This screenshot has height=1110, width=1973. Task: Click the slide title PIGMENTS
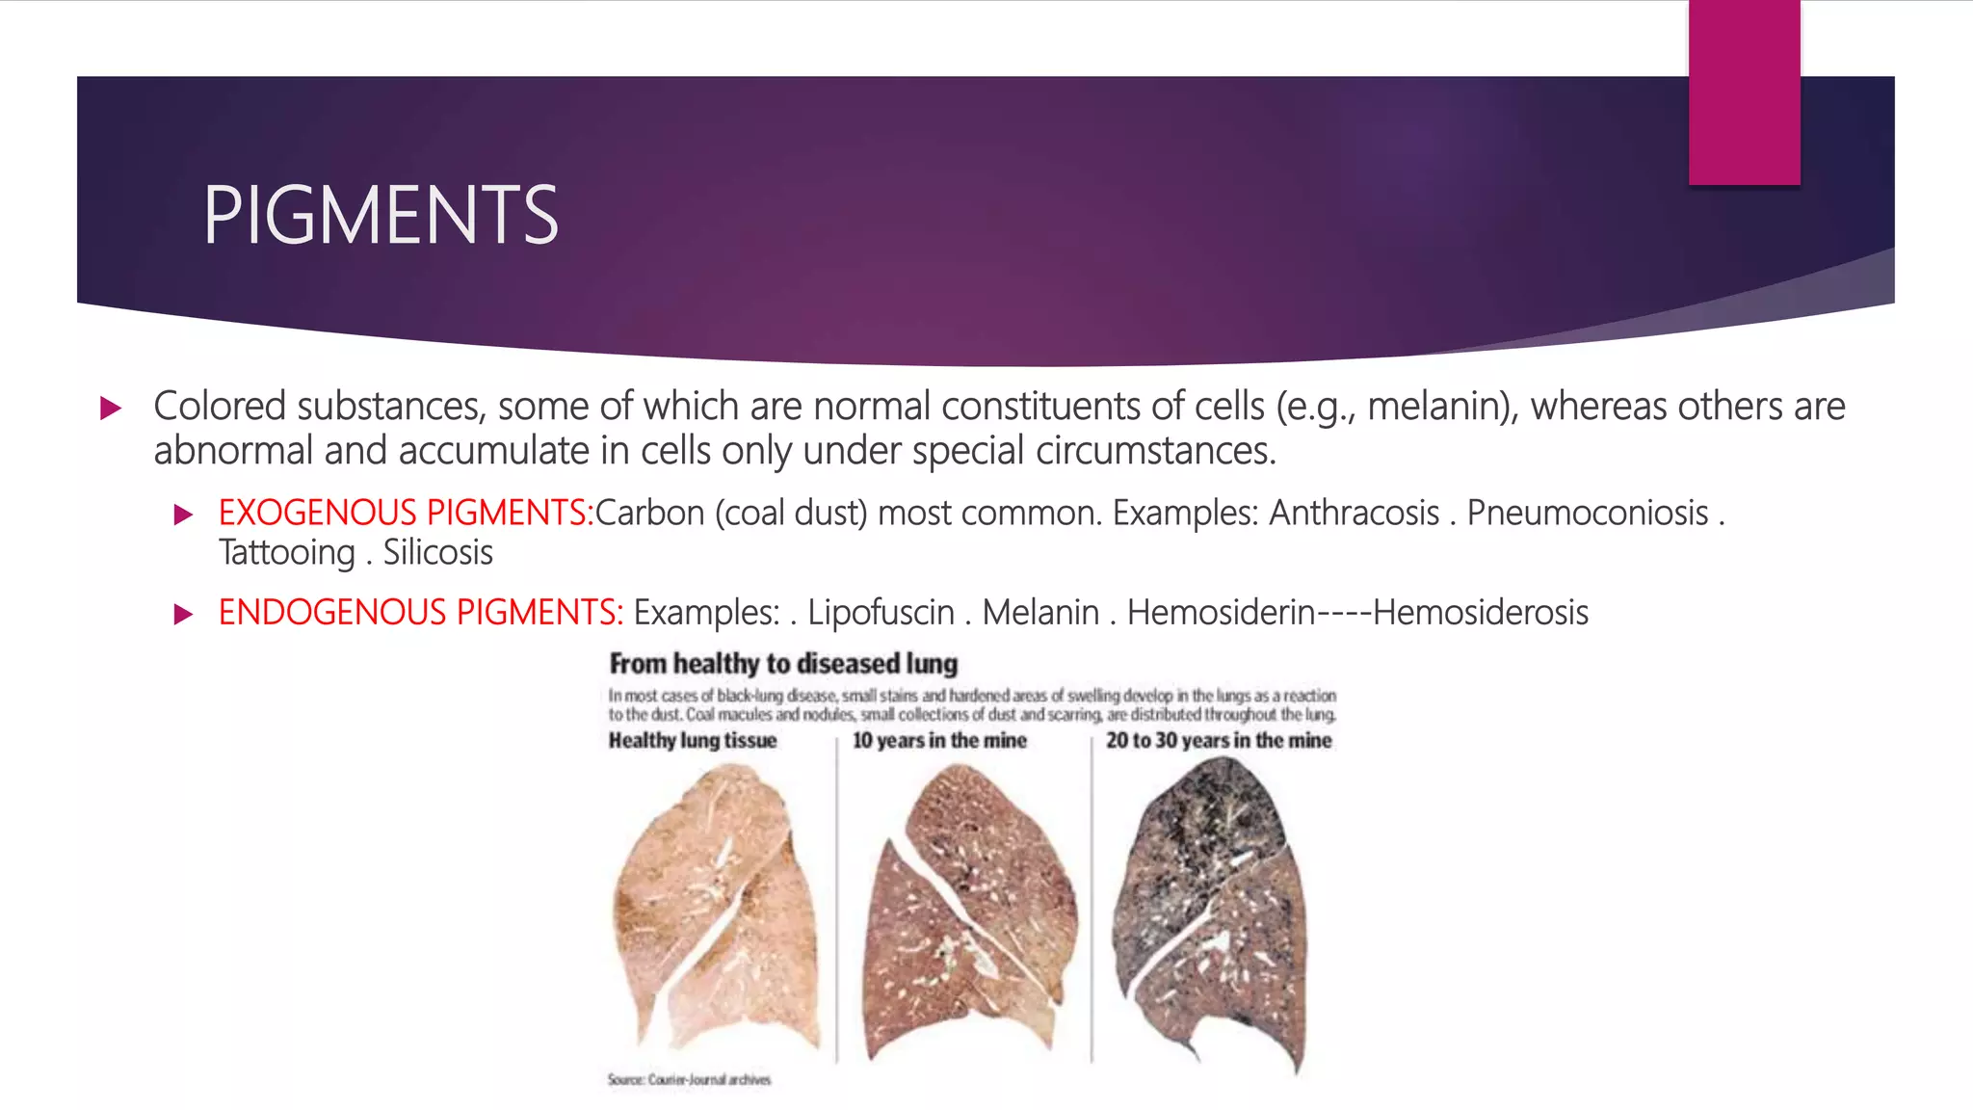381,216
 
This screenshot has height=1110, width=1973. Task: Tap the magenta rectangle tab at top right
1744,92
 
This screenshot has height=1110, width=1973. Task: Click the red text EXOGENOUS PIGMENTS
406,513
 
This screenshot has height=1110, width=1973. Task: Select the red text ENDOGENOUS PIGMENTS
421,613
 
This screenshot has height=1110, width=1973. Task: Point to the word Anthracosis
1354,513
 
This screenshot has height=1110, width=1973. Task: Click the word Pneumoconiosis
1587,513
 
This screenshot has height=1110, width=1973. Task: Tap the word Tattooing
287,553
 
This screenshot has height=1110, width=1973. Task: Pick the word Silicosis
438,553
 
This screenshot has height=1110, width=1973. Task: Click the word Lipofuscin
881,613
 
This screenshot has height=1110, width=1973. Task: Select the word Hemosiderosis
1481,613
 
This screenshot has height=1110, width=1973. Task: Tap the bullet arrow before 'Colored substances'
111,408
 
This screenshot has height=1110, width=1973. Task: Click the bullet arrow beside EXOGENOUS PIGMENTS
183,515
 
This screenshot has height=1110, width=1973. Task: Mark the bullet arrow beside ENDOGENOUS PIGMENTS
183,615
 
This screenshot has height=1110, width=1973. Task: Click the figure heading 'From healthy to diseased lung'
783,664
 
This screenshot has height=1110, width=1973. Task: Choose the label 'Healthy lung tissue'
692,740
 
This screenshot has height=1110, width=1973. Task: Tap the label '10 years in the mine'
939,740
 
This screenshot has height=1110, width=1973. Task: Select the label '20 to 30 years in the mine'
1219,740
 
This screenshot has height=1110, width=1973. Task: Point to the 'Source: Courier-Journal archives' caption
689,1080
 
